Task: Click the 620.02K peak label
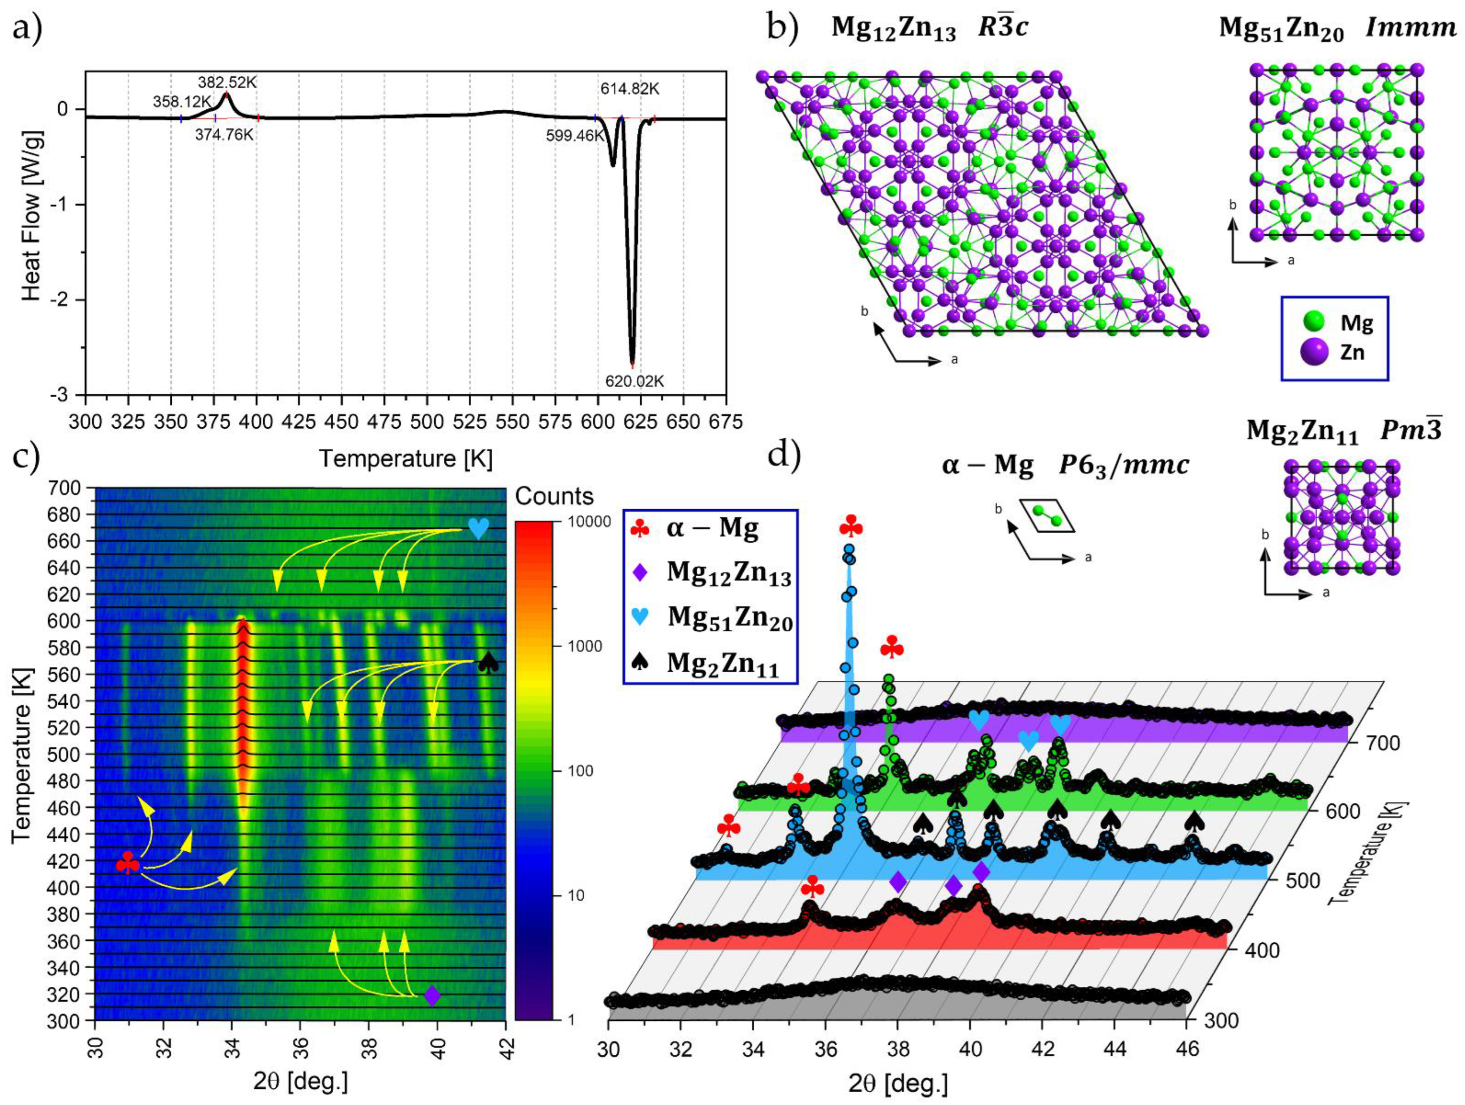[x=634, y=382]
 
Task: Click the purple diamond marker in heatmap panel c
[x=432, y=995]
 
